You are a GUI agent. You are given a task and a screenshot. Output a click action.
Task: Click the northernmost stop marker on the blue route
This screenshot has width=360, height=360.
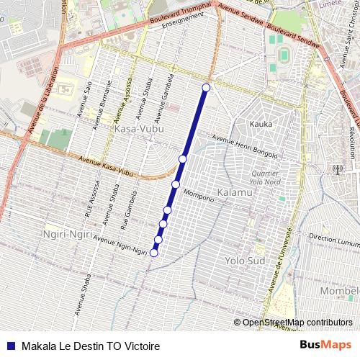206,88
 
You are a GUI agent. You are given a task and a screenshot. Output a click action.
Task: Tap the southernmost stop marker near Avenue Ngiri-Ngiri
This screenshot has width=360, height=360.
153,253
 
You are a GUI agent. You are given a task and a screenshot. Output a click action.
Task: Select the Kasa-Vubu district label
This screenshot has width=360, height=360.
139,128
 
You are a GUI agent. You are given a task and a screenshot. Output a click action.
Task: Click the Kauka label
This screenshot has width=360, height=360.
261,124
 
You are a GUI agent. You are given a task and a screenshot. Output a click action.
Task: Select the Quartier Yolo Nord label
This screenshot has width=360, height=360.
268,177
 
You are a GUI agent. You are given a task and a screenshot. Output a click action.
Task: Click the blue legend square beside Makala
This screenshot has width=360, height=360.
10,346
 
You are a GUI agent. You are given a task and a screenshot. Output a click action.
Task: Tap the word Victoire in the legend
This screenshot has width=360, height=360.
141,346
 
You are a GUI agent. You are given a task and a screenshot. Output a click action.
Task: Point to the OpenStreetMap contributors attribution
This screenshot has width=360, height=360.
297,323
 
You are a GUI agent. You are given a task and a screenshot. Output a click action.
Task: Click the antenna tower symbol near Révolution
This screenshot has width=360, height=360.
337,171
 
